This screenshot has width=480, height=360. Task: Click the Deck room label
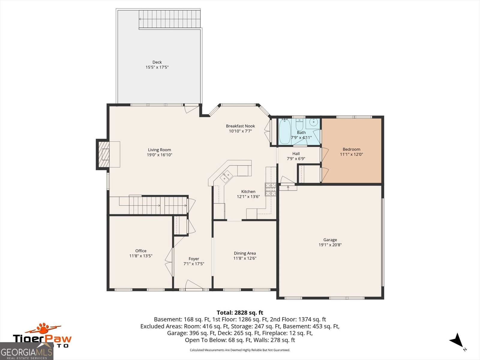(157, 62)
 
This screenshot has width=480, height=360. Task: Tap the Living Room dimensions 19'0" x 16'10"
(159, 155)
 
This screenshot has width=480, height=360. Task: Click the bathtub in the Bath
(284, 131)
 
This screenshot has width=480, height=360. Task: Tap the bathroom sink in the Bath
(313, 122)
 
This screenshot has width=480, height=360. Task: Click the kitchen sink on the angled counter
(226, 176)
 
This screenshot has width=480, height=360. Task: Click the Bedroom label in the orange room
(351, 149)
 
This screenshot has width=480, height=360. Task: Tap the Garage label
(330, 240)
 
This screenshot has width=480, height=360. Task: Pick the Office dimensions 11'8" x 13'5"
(141, 256)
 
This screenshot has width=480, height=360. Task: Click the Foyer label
(194, 259)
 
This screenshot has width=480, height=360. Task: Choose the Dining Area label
(245, 253)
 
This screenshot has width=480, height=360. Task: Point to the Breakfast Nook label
(240, 126)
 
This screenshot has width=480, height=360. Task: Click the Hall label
(296, 154)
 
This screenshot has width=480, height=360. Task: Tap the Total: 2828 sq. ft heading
(240, 313)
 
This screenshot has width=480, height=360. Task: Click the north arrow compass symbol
(456, 340)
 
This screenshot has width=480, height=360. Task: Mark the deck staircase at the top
(169, 19)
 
